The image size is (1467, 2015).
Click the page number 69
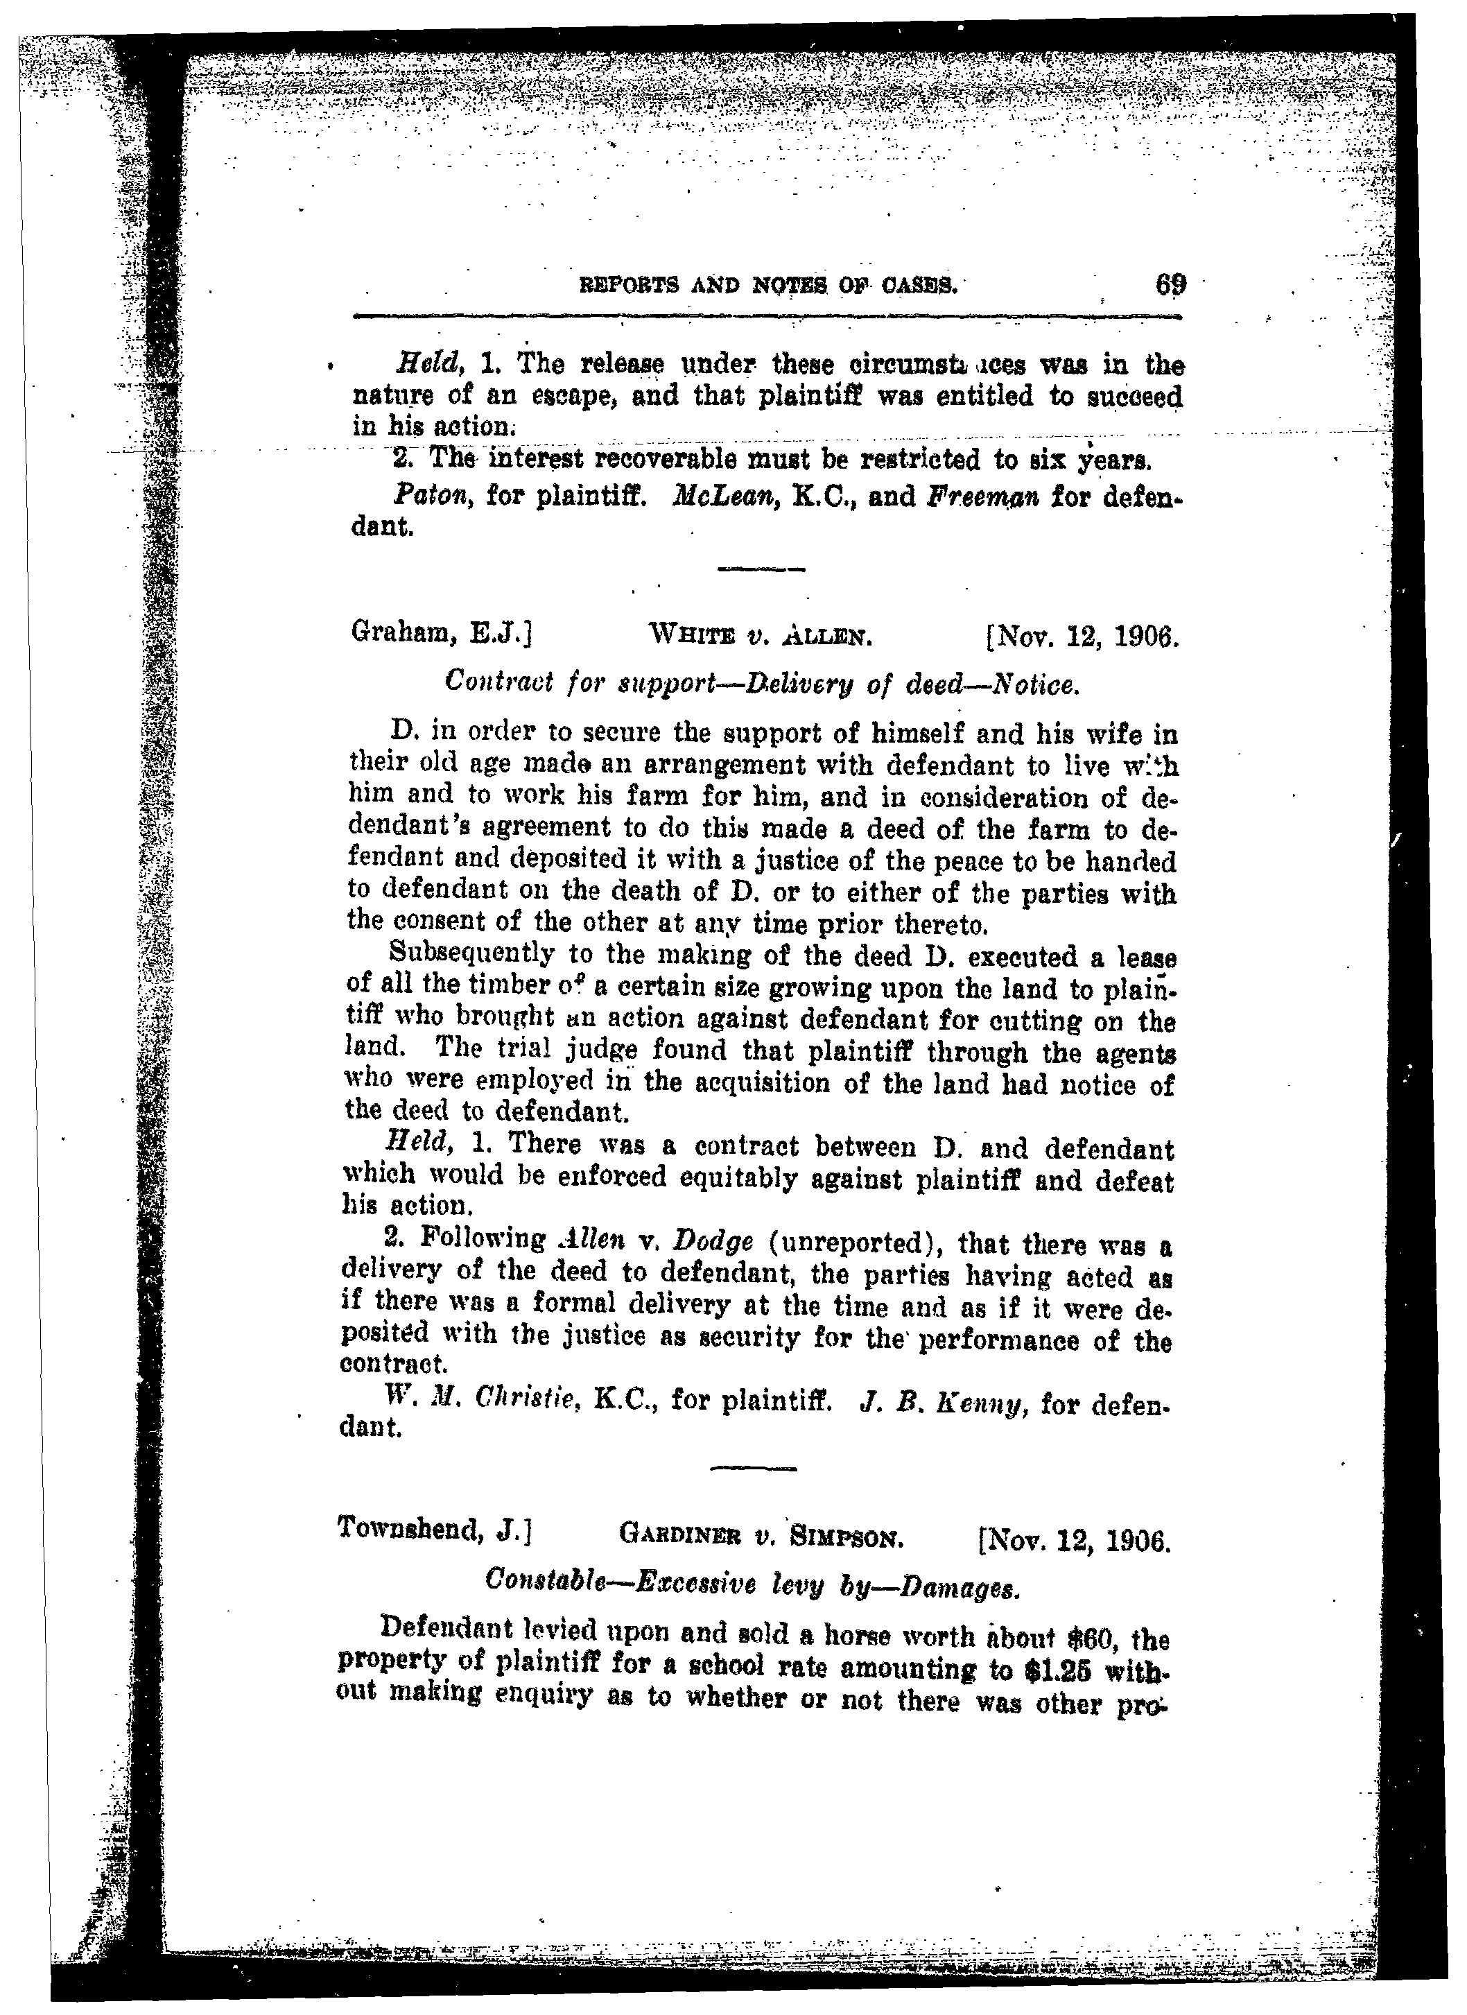tap(1170, 286)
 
